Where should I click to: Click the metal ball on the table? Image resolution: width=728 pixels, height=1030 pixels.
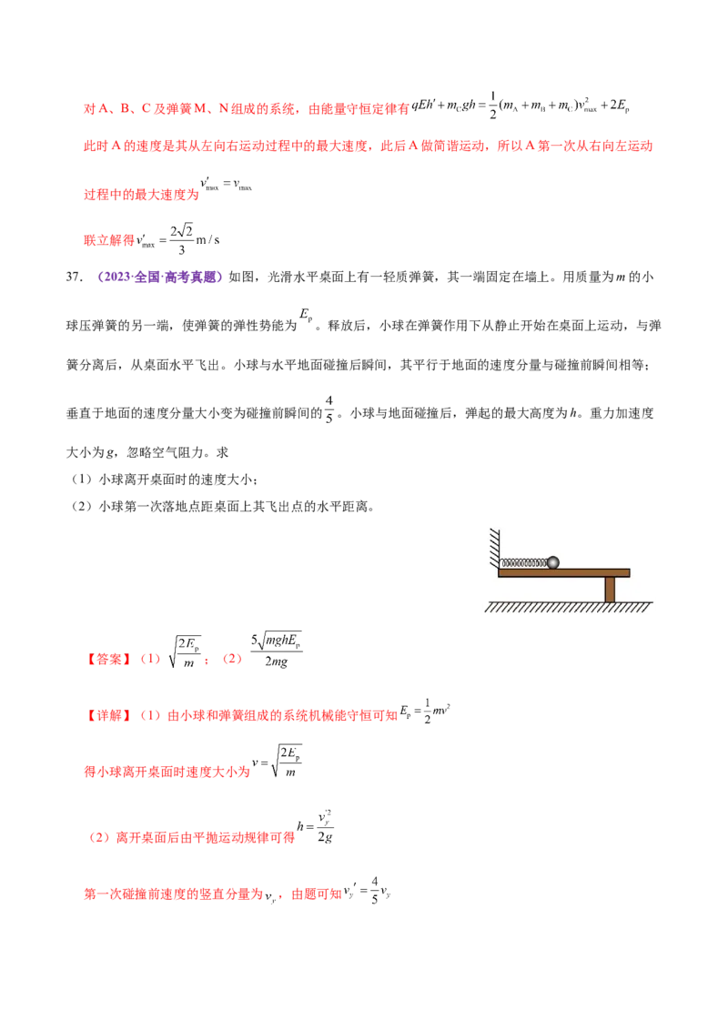pos(552,562)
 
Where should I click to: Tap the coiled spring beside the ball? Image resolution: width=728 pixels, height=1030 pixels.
pos(524,563)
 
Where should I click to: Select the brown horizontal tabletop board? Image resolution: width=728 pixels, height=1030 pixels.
pos(563,573)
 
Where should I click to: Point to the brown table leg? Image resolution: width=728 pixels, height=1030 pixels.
pos(610,590)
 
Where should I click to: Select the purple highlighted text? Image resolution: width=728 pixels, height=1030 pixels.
pos(160,277)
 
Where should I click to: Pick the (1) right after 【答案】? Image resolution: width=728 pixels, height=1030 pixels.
pos(149,660)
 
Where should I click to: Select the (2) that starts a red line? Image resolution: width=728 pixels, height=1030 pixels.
pos(99,837)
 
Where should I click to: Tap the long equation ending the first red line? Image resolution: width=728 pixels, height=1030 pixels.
pos(522,107)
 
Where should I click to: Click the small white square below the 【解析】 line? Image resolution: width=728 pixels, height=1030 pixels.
pos(272,761)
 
